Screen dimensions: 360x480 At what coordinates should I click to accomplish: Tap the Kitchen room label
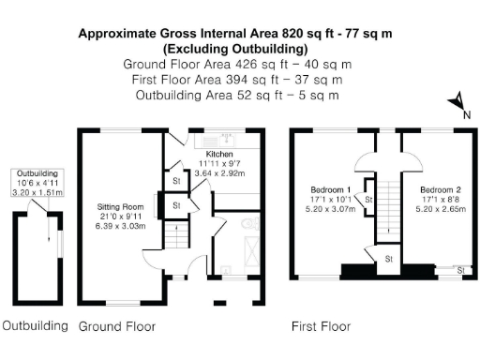click(x=219, y=153)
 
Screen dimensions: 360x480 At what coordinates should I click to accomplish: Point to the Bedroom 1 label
click(x=331, y=189)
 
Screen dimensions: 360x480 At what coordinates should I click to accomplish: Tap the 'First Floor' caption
click(x=321, y=327)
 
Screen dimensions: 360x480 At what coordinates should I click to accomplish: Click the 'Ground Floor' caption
click(x=116, y=327)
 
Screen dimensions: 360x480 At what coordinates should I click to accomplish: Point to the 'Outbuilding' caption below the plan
click(x=35, y=327)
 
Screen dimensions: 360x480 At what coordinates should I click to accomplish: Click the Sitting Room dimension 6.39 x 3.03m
click(x=119, y=225)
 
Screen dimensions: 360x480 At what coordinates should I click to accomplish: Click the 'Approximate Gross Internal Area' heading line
click(x=234, y=33)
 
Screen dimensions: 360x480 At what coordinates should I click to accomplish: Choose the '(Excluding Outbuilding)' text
click(x=234, y=48)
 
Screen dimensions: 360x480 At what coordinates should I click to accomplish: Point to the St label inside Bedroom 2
click(x=460, y=270)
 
